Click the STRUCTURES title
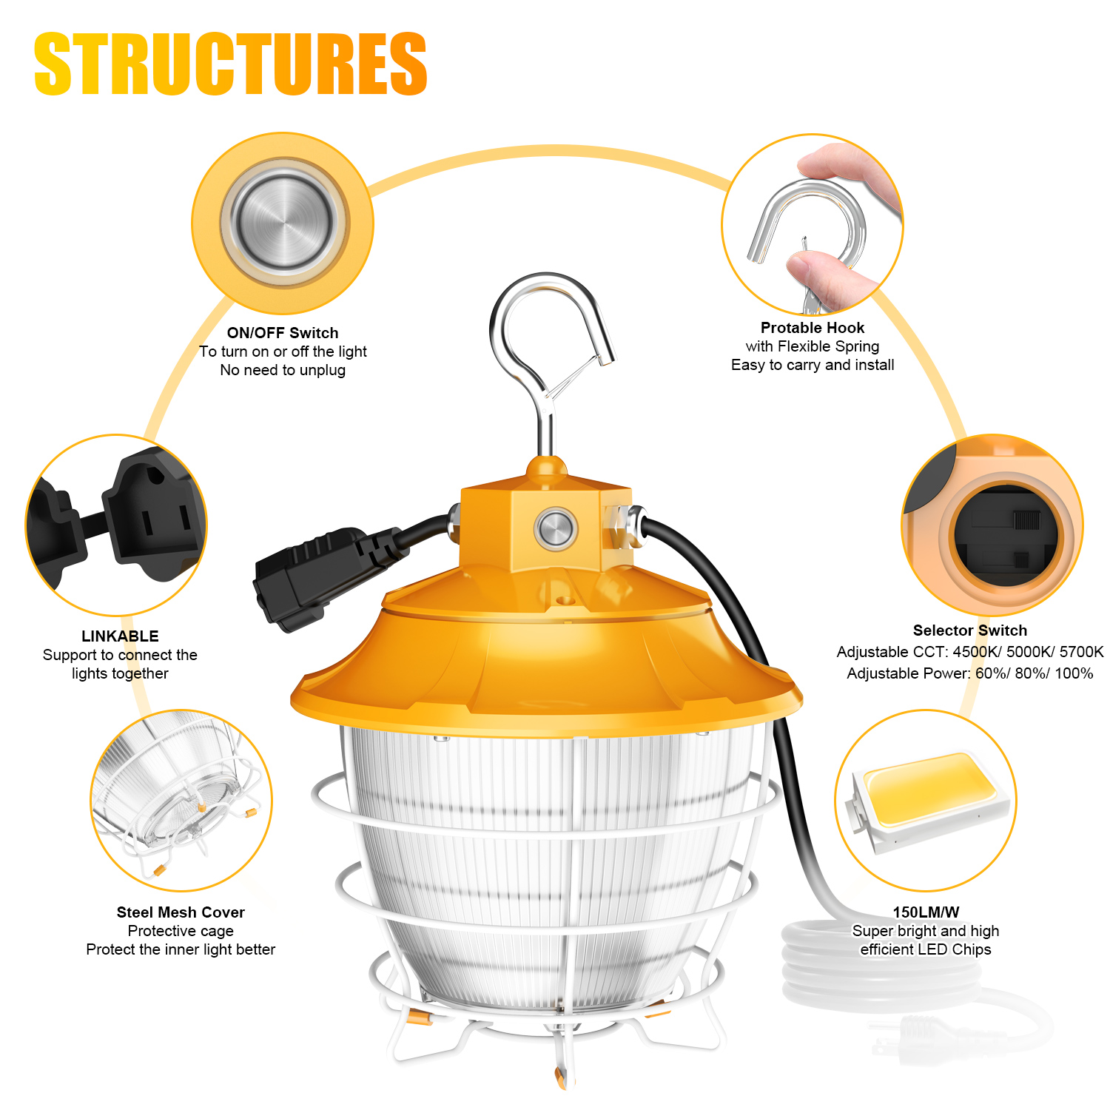pos(230,64)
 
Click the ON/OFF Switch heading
pos(283,333)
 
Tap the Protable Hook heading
pos(813,328)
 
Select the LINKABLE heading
pos(120,636)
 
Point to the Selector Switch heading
pos(970,630)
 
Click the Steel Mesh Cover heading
pos(181,912)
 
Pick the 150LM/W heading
pos(926,912)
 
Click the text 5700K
pos(1082,652)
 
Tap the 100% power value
pos(1074,673)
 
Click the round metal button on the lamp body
pos(555,528)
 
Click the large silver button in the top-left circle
pos(283,222)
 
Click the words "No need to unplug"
pos(283,370)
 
